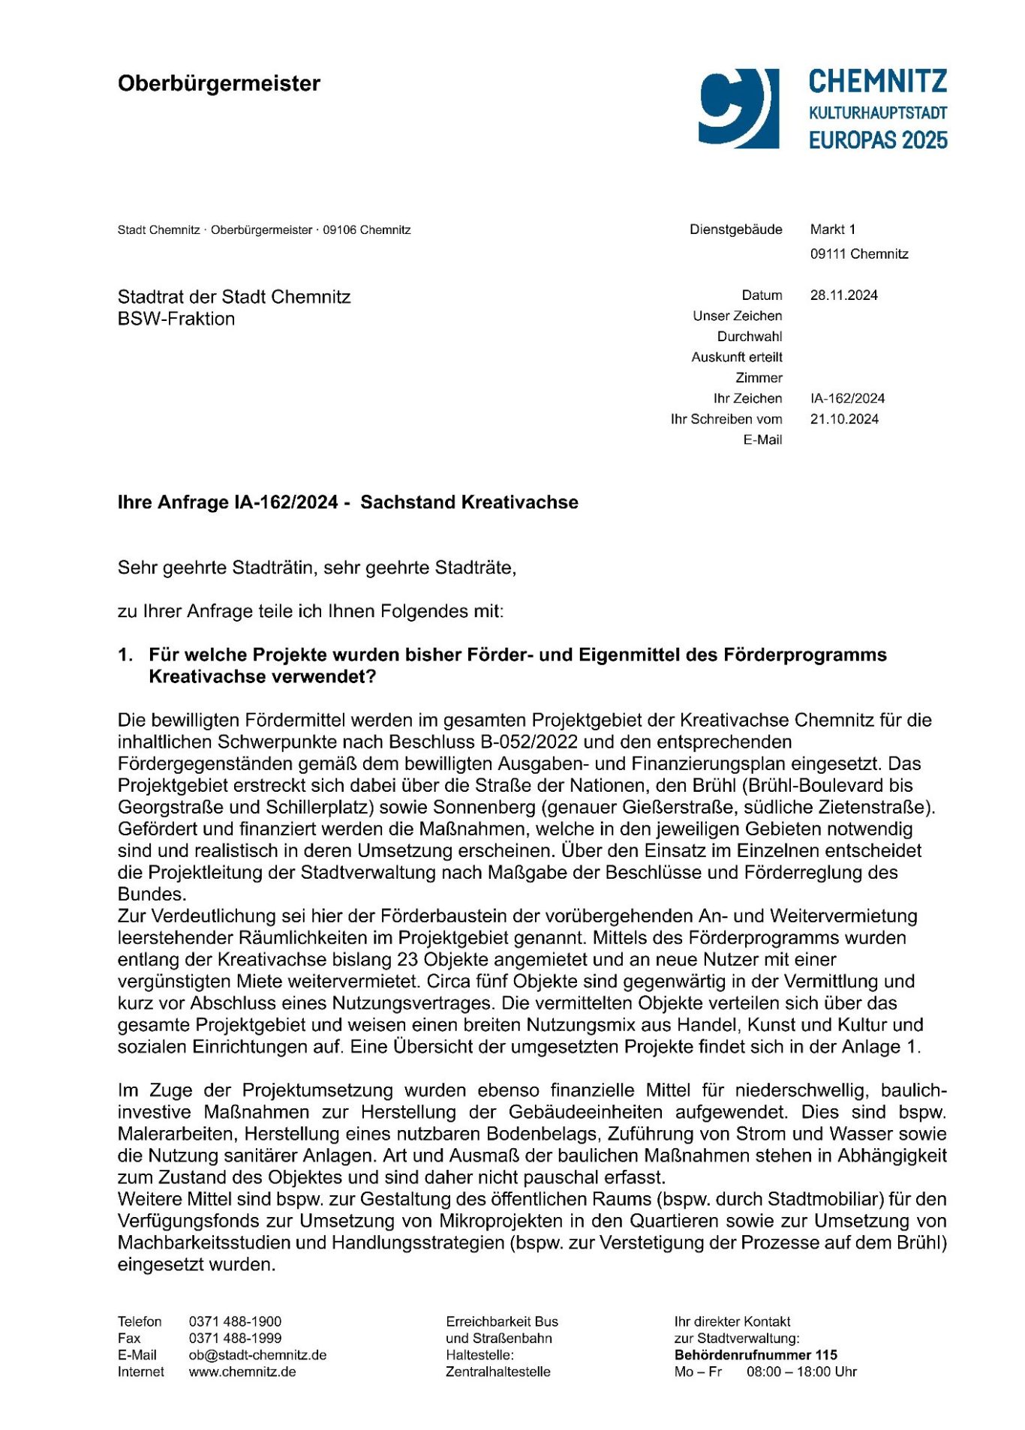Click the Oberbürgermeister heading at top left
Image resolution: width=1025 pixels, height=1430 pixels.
pyautogui.click(x=218, y=83)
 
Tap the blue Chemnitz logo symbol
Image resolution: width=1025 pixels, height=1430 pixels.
pyautogui.click(x=738, y=108)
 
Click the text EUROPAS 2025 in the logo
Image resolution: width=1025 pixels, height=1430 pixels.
pyautogui.click(x=877, y=140)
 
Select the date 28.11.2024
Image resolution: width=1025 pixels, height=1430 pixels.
pyautogui.click(x=843, y=295)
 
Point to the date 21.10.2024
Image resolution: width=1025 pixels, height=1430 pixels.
pyautogui.click(x=844, y=419)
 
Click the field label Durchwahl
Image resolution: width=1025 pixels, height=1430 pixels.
pyautogui.click(x=749, y=337)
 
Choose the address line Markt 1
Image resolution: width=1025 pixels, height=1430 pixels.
pyautogui.click(x=832, y=229)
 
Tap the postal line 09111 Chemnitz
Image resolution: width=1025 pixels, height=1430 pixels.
pyautogui.click(x=858, y=254)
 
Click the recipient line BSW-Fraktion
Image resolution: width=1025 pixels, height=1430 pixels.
pyautogui.click(x=176, y=319)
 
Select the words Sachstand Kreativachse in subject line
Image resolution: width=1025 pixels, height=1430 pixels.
pyautogui.click(x=469, y=502)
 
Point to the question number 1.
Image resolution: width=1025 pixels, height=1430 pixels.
pyautogui.click(x=125, y=655)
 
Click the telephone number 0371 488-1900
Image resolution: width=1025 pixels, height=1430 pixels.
pyautogui.click(x=235, y=1321)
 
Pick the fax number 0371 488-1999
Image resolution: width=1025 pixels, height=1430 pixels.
pyautogui.click(x=235, y=1338)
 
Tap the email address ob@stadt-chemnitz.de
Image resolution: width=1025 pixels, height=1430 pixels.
pyautogui.click(x=257, y=1355)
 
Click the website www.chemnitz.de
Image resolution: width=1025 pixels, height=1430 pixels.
pyautogui.click(x=242, y=1372)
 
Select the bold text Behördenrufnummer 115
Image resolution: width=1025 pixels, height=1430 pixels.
pyautogui.click(x=755, y=1355)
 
